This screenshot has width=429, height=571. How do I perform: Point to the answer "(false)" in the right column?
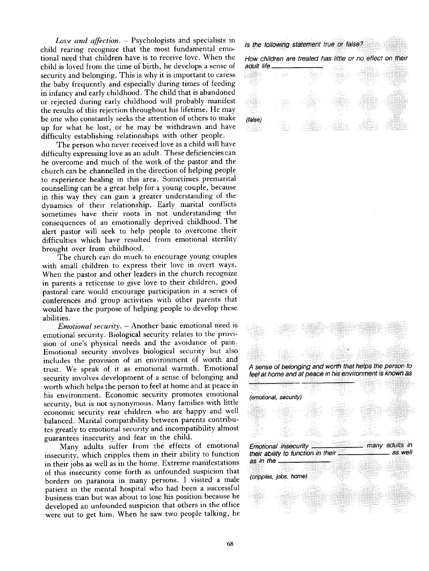(x=253, y=119)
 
